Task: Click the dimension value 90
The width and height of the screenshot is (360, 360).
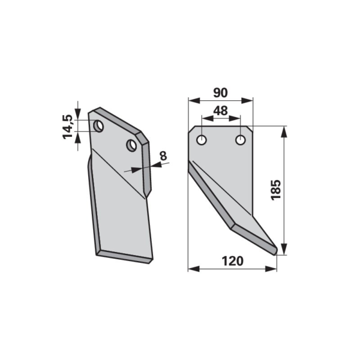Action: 221,93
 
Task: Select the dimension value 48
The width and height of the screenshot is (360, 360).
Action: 221,110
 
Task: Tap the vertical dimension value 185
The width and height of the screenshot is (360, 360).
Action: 276,190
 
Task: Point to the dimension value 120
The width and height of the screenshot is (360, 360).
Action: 232,261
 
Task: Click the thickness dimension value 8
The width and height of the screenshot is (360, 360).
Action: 163,156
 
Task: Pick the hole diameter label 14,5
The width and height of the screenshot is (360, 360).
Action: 67,127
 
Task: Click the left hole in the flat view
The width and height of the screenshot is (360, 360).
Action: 202,140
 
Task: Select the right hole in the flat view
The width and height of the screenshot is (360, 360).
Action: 241,140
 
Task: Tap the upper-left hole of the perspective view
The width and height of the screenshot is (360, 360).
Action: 98,126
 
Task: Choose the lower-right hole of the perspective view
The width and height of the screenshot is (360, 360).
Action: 132,145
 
